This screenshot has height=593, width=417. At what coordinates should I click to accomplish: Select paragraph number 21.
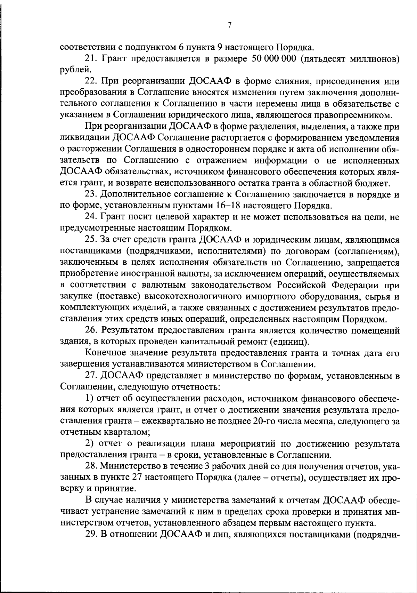click(91, 58)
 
